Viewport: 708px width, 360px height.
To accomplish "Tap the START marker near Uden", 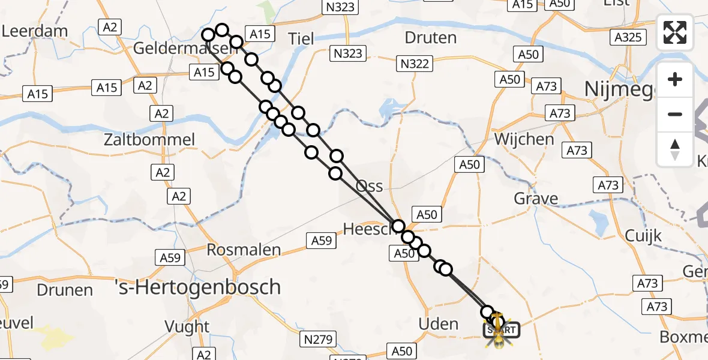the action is [x=500, y=329].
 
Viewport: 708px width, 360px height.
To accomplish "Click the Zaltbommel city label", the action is [x=149, y=140].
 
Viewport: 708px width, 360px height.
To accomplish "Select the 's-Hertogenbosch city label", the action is [x=197, y=287].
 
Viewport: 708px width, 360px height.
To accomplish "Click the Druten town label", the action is [x=430, y=38].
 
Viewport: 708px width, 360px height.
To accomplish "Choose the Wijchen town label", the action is [x=524, y=139].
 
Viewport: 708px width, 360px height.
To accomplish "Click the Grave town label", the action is [x=536, y=199].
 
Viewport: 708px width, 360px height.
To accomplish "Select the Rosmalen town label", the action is [x=244, y=250].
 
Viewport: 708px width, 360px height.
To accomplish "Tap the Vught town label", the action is [x=188, y=327].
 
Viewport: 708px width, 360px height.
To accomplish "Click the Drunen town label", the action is [x=65, y=290].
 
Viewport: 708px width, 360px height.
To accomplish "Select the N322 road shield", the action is [x=415, y=62].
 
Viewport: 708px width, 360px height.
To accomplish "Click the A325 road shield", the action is [x=628, y=37].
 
